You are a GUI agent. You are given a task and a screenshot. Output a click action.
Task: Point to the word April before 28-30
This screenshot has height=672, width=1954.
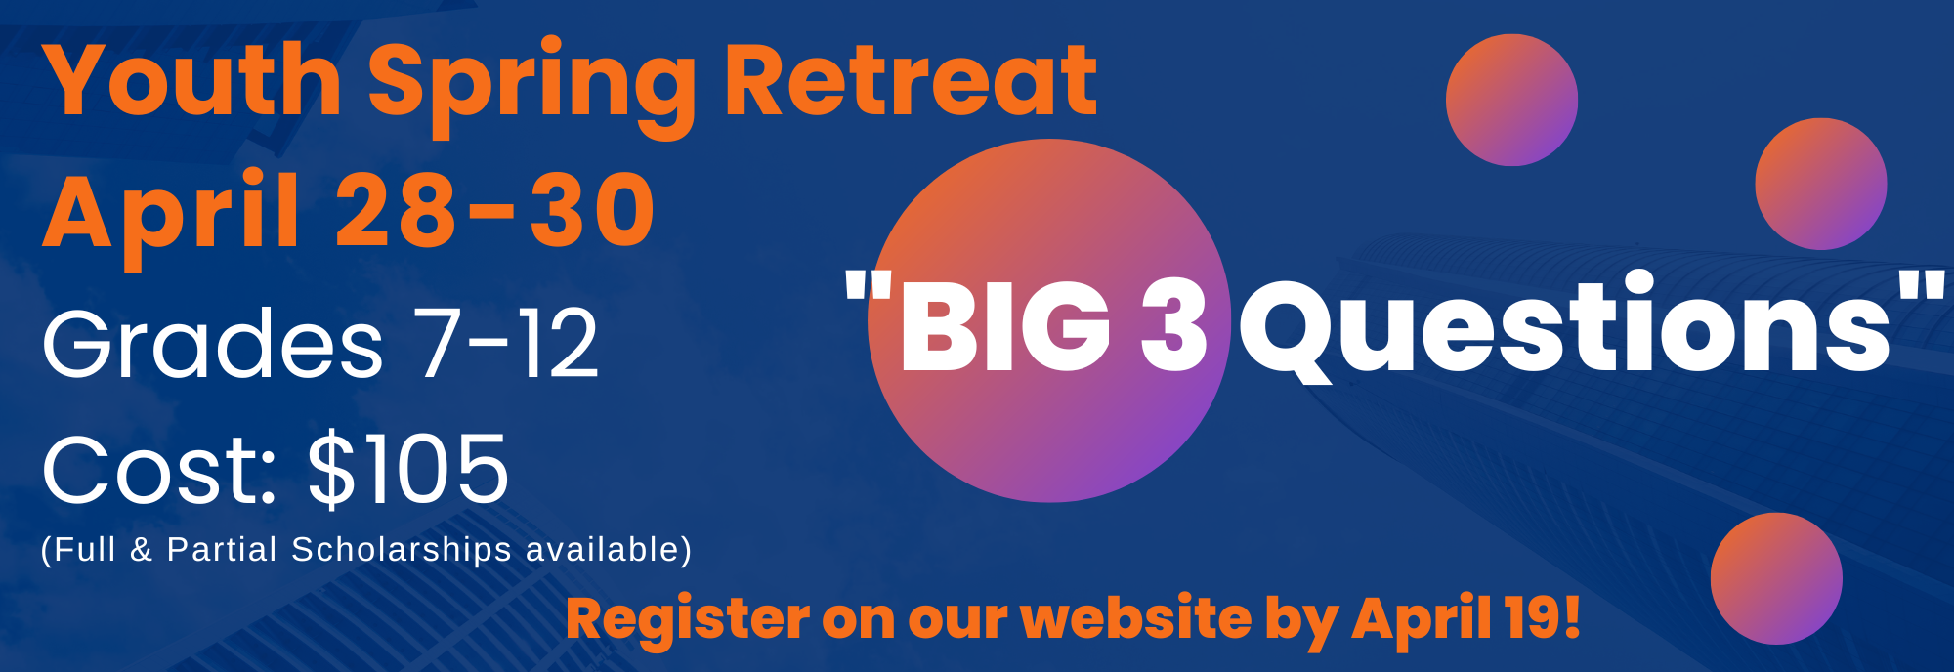click(x=170, y=217)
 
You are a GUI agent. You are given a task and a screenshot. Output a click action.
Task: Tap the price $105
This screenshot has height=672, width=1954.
click(x=408, y=470)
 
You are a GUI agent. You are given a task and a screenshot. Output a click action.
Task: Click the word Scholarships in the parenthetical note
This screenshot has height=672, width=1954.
click(x=402, y=550)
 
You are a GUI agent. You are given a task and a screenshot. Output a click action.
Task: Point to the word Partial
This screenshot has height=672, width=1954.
click(x=222, y=549)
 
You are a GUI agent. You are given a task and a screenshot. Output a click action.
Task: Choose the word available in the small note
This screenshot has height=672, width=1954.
click(x=609, y=549)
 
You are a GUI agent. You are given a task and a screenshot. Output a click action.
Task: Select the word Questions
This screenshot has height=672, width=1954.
click(x=1567, y=328)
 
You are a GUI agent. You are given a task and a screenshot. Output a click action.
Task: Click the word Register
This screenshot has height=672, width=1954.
click(x=687, y=620)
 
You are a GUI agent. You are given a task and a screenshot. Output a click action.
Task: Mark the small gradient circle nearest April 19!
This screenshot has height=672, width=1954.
click(x=1776, y=578)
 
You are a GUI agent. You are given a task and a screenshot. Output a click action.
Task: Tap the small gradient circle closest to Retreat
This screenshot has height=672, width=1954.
click(x=1511, y=100)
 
